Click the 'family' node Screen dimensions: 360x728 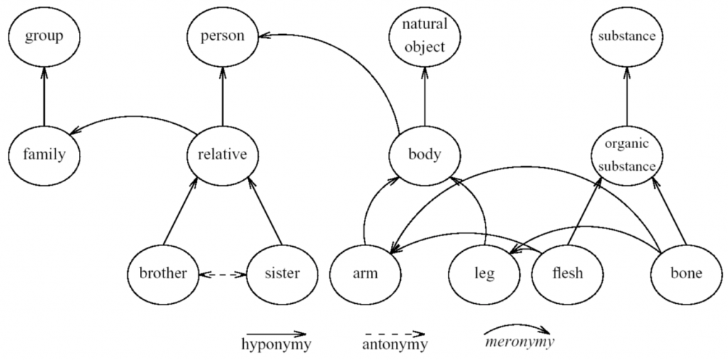click(44, 154)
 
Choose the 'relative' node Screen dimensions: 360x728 click(223, 154)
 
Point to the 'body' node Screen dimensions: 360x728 click(425, 154)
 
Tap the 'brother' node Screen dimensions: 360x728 click(163, 273)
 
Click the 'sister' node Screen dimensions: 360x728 click(282, 273)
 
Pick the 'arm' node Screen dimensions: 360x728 click(365, 273)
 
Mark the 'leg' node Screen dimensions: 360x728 click(484, 273)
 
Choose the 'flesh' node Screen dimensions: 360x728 click(567, 273)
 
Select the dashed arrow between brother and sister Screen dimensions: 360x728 click(223, 273)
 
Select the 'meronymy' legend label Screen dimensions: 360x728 click(518, 342)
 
